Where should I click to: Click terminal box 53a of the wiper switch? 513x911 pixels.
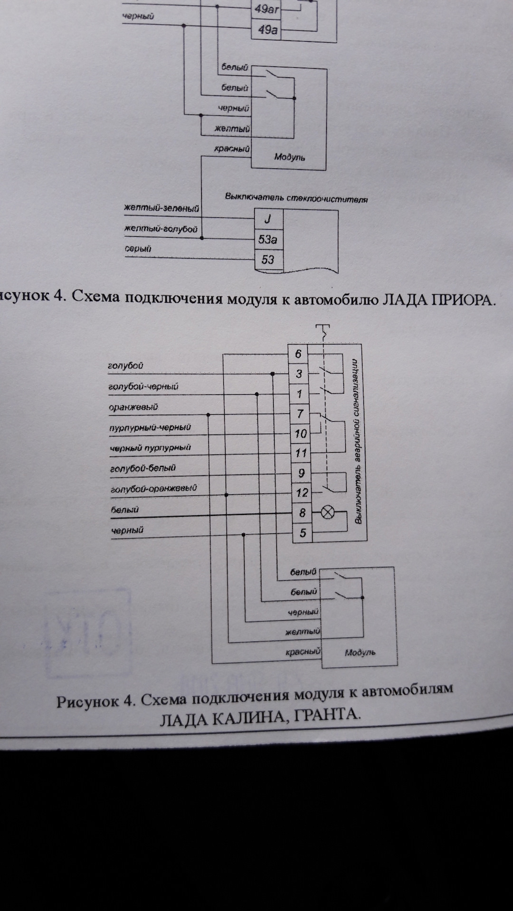tap(268, 239)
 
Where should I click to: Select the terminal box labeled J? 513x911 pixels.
tap(268, 219)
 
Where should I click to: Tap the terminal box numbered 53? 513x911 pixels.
tap(268, 260)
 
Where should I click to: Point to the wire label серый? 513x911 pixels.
tap(138, 249)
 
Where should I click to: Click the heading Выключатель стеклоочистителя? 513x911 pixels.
tap(296, 198)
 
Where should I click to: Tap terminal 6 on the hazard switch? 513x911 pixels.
tap(298, 354)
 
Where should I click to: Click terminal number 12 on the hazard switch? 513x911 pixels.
tap(302, 493)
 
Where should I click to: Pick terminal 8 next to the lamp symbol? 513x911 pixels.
tap(302, 513)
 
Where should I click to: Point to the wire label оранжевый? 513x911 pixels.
tap(133, 407)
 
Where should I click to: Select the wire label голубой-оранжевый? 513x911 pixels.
tap(153, 488)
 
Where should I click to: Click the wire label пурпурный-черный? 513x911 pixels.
tap(150, 428)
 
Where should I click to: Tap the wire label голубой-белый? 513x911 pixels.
tap(142, 468)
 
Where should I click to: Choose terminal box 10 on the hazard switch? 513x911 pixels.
tap(301, 433)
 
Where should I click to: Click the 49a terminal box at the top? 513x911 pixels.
tap(267, 30)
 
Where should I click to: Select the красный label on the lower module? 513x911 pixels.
tap(303, 652)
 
